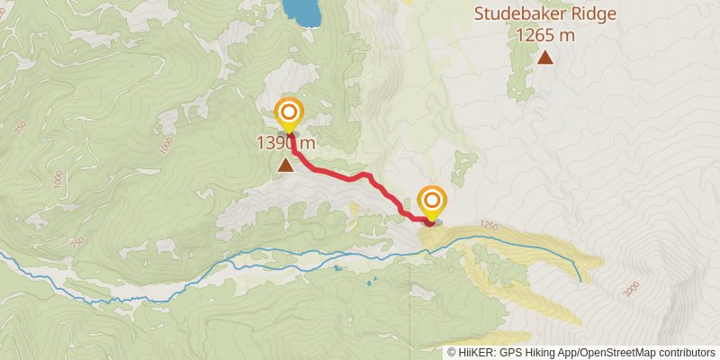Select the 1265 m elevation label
[x=545, y=36]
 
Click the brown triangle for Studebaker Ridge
[x=545, y=58]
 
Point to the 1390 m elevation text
[x=286, y=143]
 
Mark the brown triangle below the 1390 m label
[x=286, y=165]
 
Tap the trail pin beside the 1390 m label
[x=289, y=113]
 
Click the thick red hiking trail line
[x=346, y=175]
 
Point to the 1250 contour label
[x=489, y=224]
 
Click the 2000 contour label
[x=631, y=288]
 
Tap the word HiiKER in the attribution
[x=473, y=352]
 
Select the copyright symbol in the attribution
[x=451, y=352]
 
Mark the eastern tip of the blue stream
[x=580, y=281]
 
